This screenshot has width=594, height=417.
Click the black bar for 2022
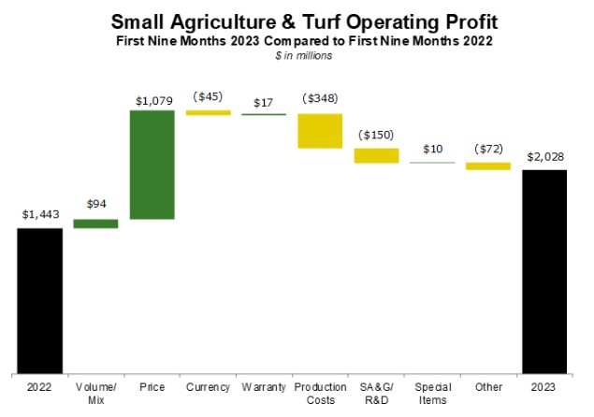coord(39,299)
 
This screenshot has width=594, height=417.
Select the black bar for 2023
coord(544,270)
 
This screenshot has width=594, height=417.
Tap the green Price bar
coord(152,165)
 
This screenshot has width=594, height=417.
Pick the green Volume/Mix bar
coord(95,223)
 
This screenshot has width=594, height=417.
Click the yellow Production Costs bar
coord(320,131)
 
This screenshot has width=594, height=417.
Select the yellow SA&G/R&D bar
coord(376,155)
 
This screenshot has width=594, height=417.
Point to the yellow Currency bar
coord(208,112)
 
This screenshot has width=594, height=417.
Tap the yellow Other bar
coord(488,166)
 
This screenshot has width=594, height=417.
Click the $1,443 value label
coord(39,214)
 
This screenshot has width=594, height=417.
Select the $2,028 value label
coord(544,156)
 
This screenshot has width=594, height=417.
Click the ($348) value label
coord(320,98)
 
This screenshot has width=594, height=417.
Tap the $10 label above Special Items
coord(432,149)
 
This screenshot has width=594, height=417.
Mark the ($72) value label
coord(488,149)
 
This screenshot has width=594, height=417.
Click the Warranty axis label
coord(264,386)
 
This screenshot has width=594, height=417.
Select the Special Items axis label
coord(432,393)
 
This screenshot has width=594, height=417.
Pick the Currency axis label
coord(208,386)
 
